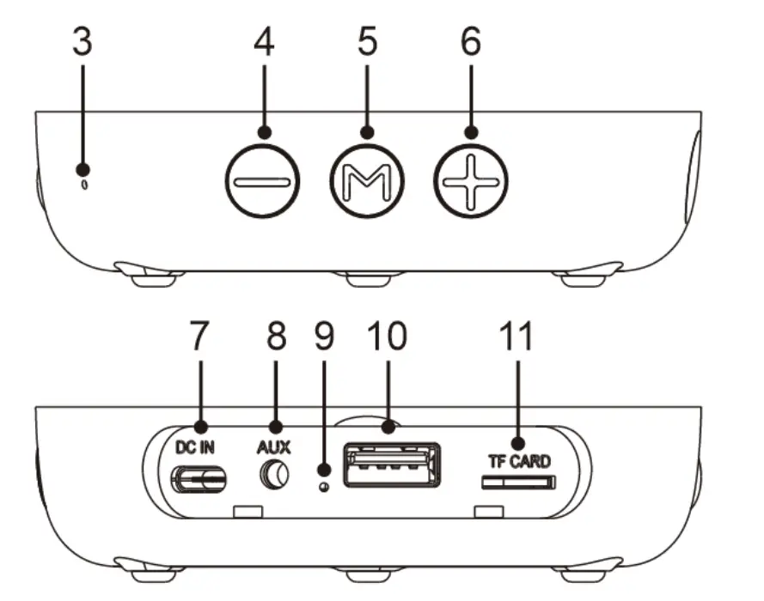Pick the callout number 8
click(x=275, y=337)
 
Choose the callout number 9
click(x=324, y=337)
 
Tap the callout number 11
click(x=518, y=337)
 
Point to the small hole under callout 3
click(x=83, y=185)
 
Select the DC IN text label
click(x=199, y=447)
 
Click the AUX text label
click(x=274, y=447)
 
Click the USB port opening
click(x=391, y=465)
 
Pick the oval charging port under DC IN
click(x=199, y=479)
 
